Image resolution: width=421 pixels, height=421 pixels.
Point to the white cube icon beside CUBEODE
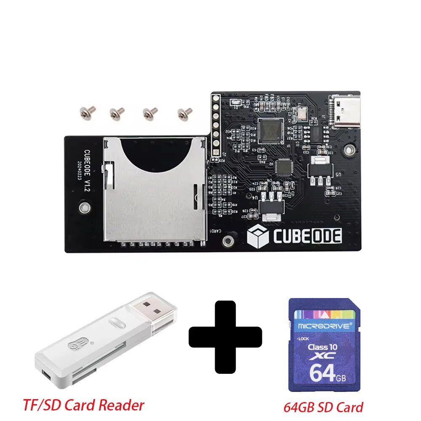tap(258, 236)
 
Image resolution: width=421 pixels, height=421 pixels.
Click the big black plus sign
tap(225, 336)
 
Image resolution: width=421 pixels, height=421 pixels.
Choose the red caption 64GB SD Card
tap(323, 407)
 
